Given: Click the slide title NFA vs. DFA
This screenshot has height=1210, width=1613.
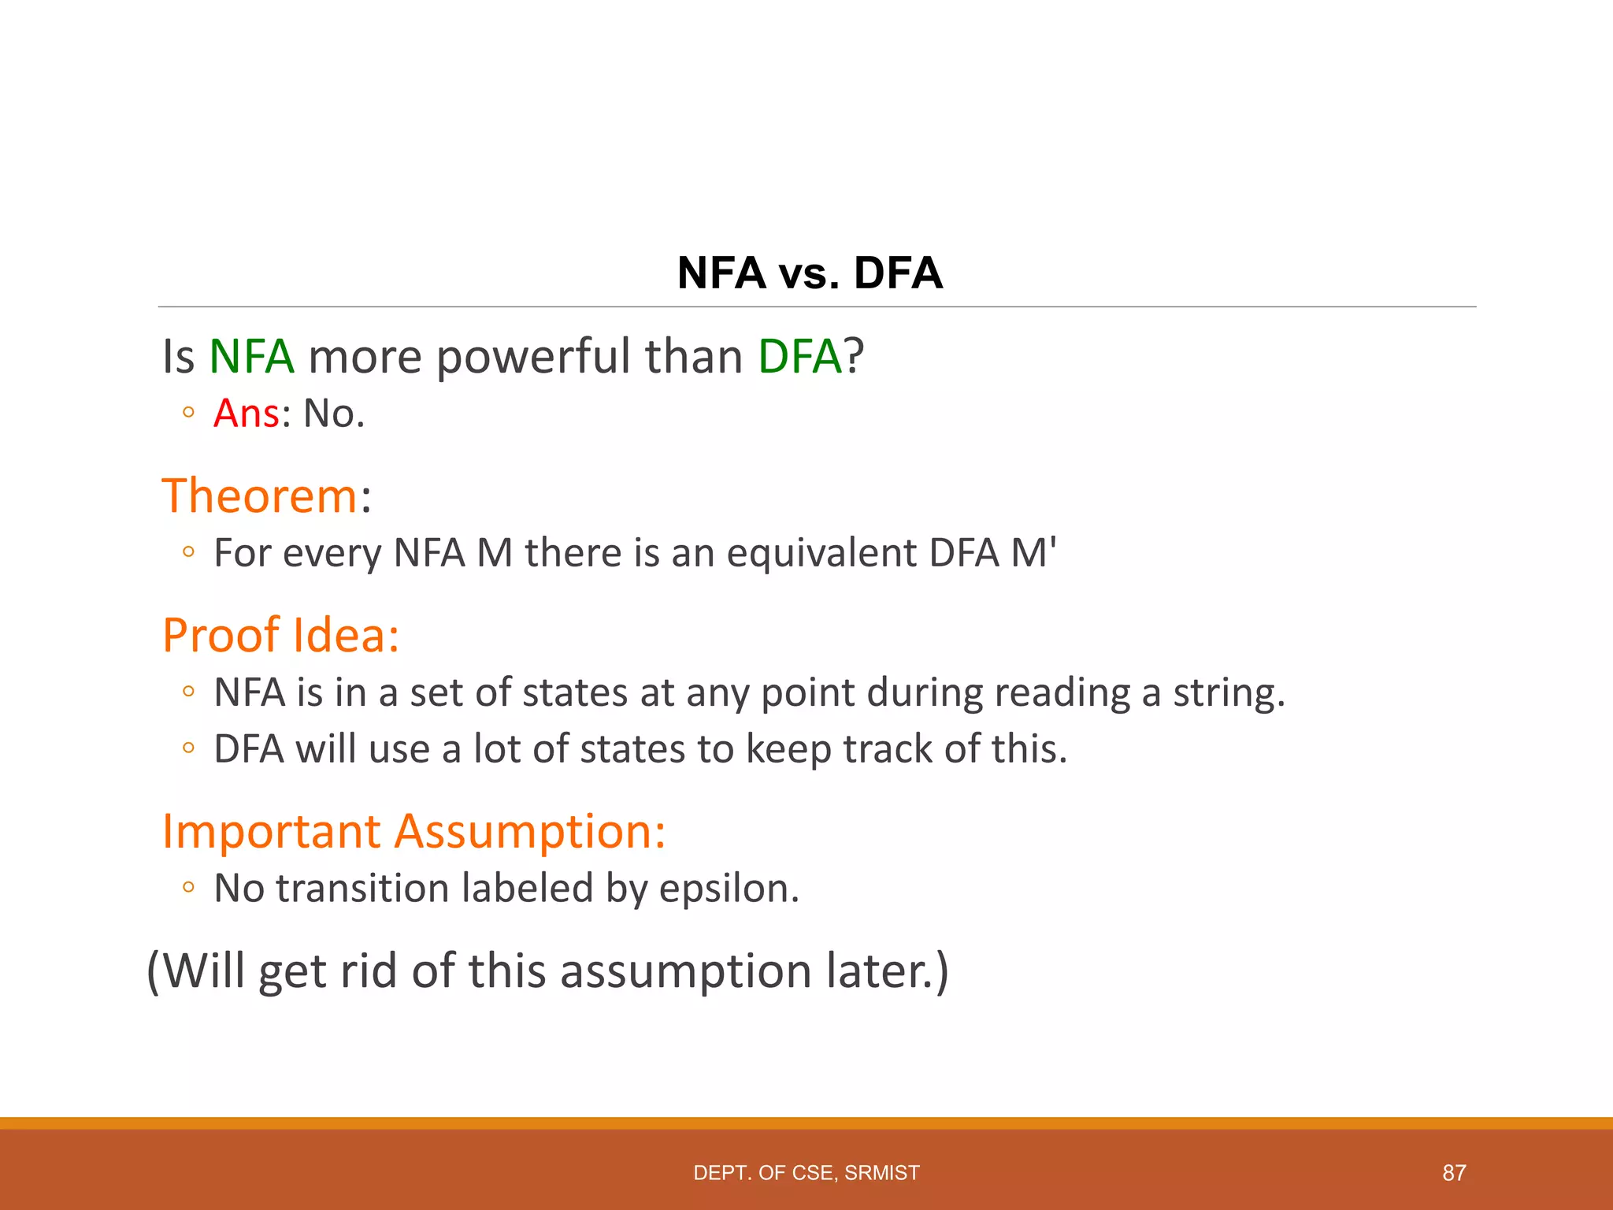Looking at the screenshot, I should tap(810, 273).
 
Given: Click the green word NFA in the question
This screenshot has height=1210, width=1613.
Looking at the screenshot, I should tap(251, 356).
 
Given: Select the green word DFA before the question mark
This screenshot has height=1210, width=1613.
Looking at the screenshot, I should tap(799, 356).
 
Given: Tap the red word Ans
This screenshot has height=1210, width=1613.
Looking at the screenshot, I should tap(246, 414).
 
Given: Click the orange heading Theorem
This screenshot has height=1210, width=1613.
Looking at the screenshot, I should tap(260, 496).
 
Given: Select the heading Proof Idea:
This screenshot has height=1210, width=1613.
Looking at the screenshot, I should tap(280, 635).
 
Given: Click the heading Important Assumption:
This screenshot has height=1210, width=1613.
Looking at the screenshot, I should tap(413, 831).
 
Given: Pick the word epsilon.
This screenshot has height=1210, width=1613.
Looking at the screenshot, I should tap(729, 889).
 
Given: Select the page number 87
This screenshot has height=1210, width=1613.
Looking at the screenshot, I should tap(1454, 1173).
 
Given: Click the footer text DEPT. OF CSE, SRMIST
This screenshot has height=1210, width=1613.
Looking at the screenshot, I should tap(806, 1173).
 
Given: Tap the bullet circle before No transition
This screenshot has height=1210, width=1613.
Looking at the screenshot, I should tap(187, 888).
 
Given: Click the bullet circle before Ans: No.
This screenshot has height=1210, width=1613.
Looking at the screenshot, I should tap(187, 412).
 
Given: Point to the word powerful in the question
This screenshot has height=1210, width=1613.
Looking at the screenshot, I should tap(535, 356).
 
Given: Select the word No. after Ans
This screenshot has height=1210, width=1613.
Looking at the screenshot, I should tap(334, 414).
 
